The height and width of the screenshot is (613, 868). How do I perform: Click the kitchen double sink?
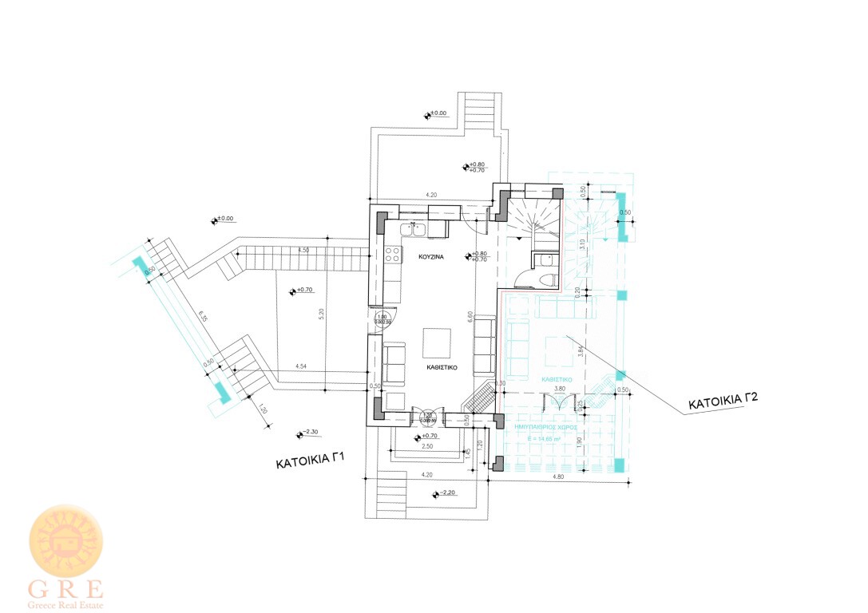click(413, 230)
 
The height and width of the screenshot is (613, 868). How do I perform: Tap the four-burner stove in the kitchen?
click(393, 255)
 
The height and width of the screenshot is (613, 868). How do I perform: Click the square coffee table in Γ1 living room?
click(437, 343)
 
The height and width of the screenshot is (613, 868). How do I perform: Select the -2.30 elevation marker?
click(308, 433)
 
